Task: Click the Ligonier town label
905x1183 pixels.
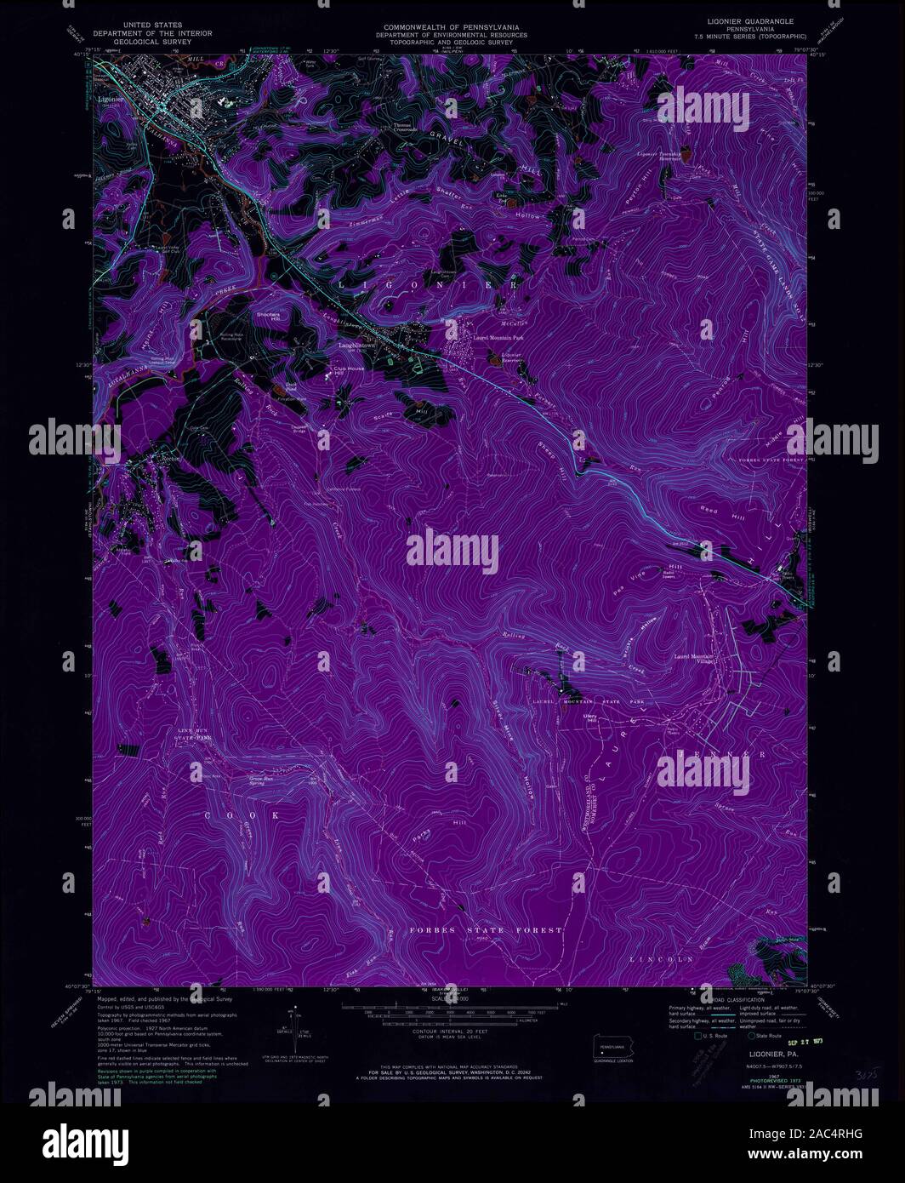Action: pos(111,99)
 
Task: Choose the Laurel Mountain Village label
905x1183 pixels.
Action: pos(694,660)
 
